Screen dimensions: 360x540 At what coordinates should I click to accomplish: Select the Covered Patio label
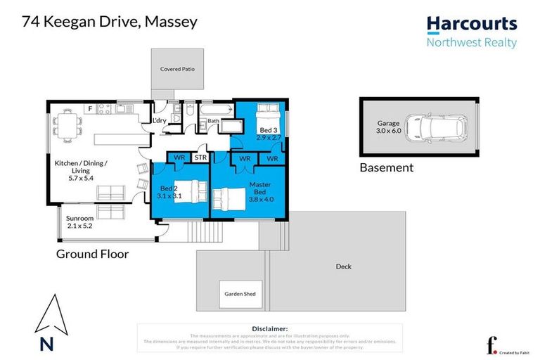tap(177, 70)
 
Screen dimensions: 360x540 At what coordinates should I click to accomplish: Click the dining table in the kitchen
tap(69, 127)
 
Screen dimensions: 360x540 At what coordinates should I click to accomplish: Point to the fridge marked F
tap(90, 109)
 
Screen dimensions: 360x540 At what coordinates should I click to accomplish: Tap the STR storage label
tap(200, 158)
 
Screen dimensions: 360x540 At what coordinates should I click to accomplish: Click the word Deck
tap(343, 266)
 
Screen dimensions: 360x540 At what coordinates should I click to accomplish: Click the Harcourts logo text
tap(472, 25)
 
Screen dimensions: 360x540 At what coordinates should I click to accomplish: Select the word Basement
tap(386, 168)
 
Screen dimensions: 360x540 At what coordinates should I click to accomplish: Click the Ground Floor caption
tap(92, 254)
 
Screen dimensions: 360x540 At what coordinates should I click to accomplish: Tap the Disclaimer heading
tap(269, 328)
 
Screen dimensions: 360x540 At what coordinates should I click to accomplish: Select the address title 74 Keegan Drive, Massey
tap(110, 22)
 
